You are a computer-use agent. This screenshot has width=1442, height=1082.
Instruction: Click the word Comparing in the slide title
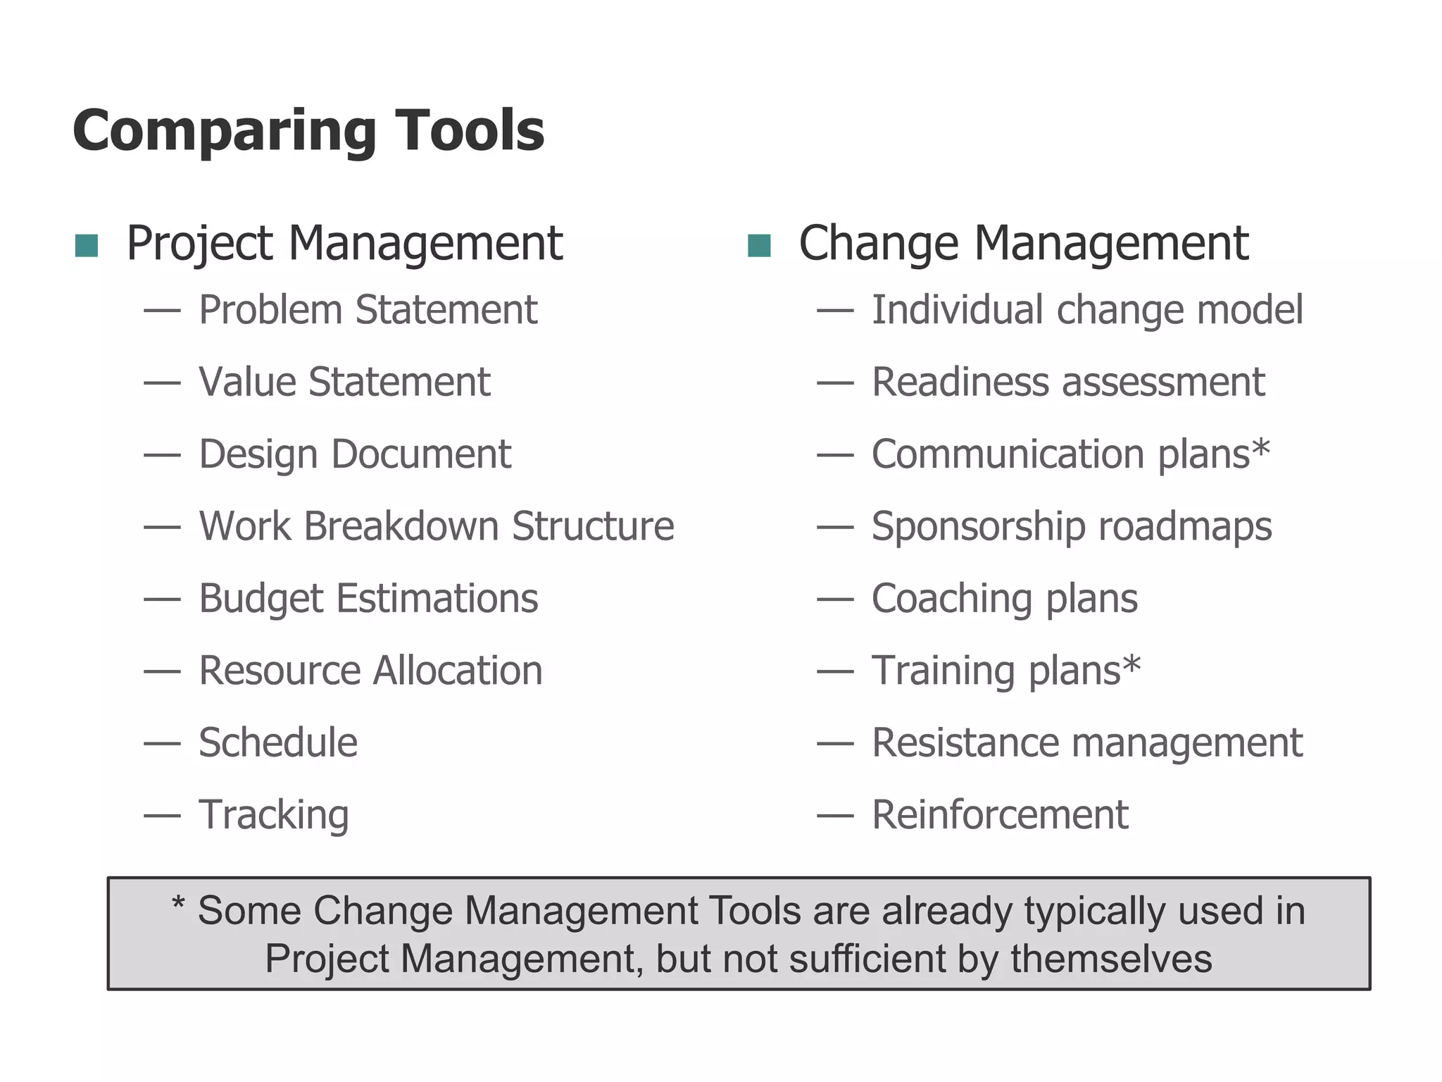click(x=224, y=132)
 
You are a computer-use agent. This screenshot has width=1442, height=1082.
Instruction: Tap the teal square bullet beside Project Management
click(x=87, y=245)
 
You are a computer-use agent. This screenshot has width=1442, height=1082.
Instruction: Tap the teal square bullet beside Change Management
click(x=759, y=245)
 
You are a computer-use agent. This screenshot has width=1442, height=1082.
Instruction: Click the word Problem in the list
click(x=270, y=311)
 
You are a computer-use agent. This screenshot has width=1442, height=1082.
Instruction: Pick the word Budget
click(x=261, y=599)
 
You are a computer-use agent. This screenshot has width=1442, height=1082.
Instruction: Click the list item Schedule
click(x=278, y=743)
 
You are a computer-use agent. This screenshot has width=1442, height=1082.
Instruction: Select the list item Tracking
click(x=273, y=816)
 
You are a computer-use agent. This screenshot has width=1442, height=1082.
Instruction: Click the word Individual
click(x=957, y=310)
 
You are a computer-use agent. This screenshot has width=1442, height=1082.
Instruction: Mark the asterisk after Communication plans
click(x=1261, y=448)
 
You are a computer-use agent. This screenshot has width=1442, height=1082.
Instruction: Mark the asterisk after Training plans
click(x=1131, y=664)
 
